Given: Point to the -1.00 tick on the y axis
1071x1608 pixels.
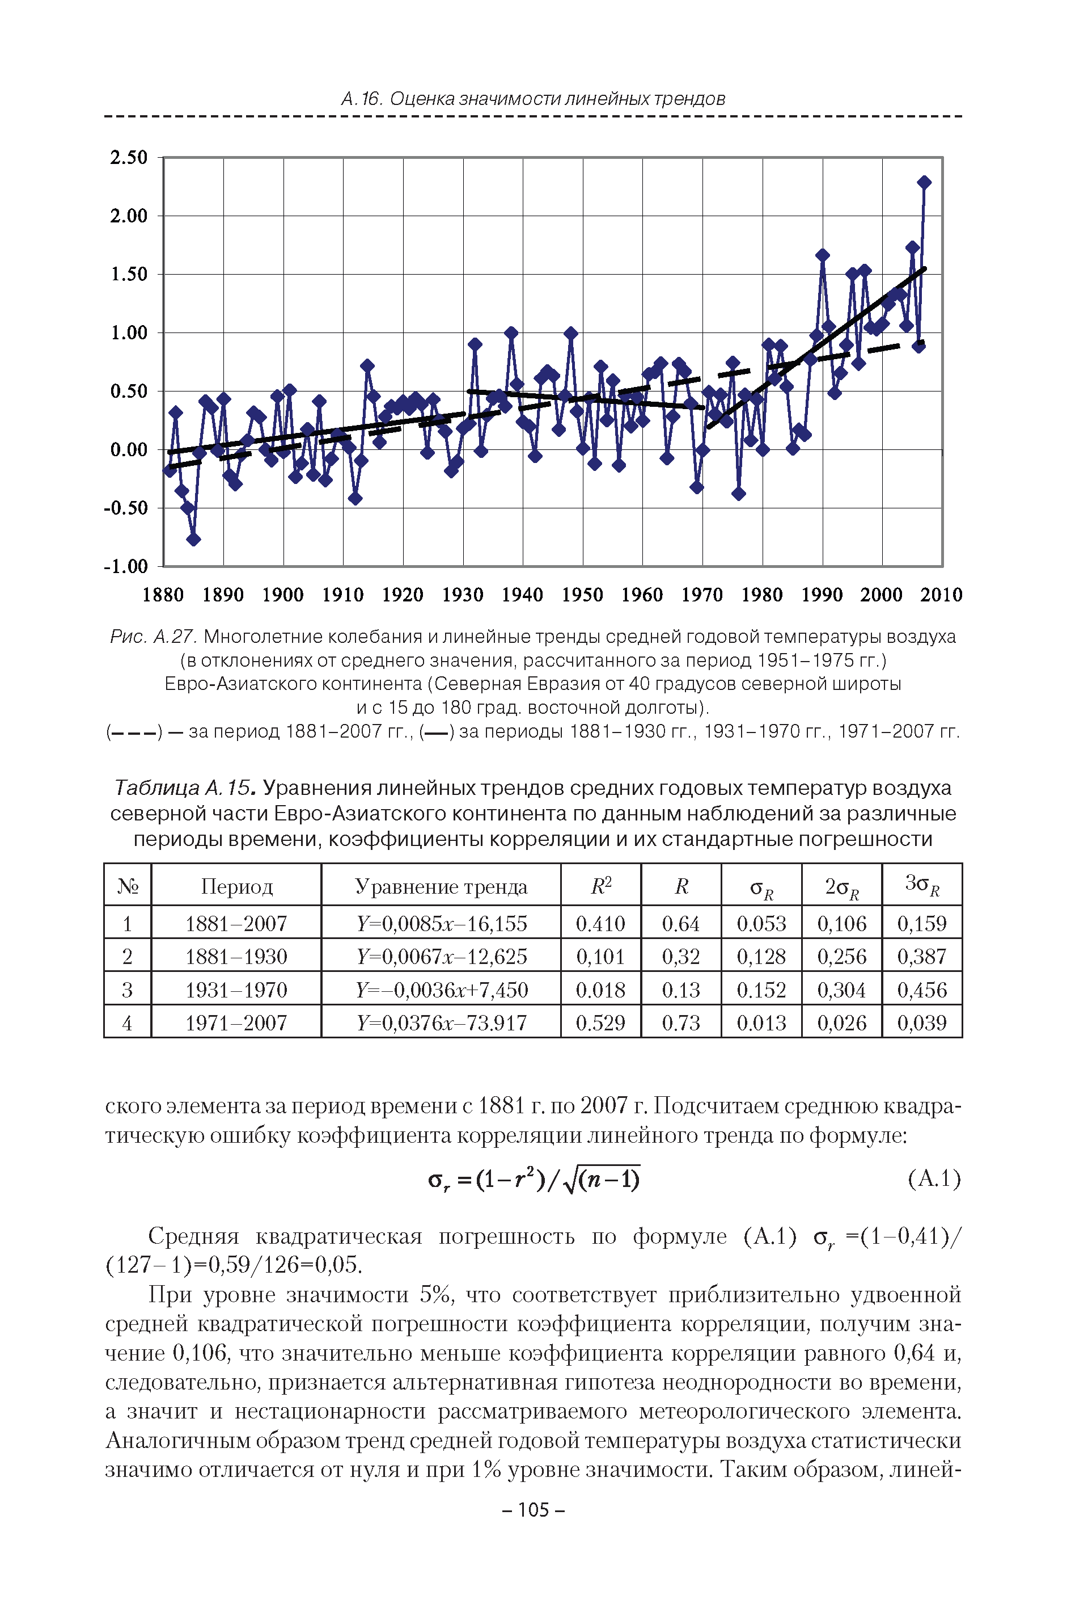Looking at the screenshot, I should [x=126, y=566].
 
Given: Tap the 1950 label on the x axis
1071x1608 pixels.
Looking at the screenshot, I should [x=582, y=595].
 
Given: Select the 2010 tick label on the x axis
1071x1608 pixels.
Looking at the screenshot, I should [x=941, y=595].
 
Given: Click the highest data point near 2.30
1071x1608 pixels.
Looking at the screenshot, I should [x=924, y=182].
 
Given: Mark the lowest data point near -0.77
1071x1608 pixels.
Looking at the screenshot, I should [x=193, y=539].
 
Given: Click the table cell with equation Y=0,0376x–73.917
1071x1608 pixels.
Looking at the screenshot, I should [x=441, y=1022].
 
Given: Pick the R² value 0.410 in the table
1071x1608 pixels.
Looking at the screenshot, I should [x=600, y=923].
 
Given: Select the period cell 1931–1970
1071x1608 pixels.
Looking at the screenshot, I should [x=236, y=990].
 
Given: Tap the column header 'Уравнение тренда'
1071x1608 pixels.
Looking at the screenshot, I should [x=441, y=886].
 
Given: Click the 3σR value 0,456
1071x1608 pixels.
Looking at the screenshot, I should [x=921, y=990].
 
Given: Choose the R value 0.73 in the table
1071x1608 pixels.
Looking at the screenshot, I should [x=680, y=1022].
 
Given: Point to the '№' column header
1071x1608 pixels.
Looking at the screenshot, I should [x=128, y=886].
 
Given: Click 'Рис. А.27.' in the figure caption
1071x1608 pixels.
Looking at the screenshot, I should [x=154, y=637].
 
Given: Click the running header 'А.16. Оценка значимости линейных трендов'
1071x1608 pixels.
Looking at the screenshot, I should [x=533, y=99].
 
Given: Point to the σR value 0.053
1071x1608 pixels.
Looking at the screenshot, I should [x=761, y=923].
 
